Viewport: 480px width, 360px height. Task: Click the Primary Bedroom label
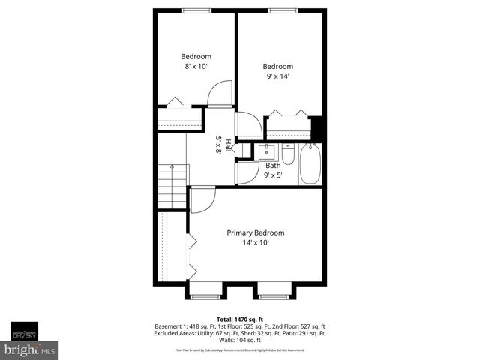coord(256,232)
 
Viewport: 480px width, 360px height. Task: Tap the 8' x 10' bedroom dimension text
coord(196,67)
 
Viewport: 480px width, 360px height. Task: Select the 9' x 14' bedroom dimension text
coord(277,75)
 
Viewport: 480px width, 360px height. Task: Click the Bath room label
coord(273,166)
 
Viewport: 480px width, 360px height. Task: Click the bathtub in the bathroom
coord(310,165)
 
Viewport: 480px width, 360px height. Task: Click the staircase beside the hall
coord(172,181)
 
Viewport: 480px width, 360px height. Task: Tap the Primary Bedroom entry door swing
coord(202,199)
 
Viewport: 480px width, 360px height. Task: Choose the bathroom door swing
coord(247,172)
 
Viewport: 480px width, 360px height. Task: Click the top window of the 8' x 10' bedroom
coord(196,10)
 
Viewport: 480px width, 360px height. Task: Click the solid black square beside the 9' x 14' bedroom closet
coord(318,128)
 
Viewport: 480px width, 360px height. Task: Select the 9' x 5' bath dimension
coord(273,175)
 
